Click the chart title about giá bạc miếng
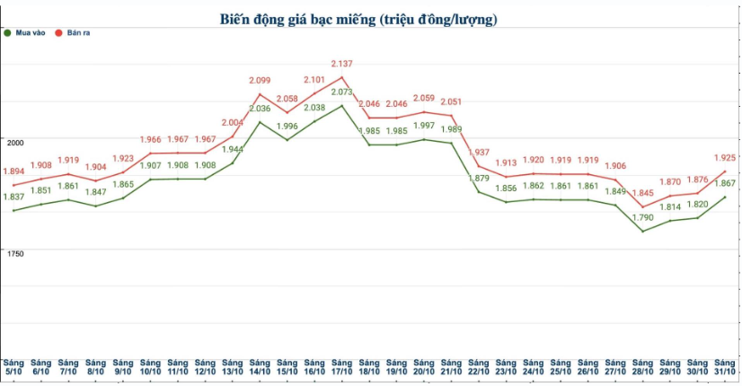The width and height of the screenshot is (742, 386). [358, 18]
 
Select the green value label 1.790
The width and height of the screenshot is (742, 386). [640, 217]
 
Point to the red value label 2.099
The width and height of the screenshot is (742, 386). [260, 81]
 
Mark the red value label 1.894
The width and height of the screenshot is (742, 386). [13, 171]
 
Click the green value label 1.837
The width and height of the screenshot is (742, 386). [13, 197]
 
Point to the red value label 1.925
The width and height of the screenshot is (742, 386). [724, 157]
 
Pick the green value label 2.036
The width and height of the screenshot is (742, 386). [260, 109]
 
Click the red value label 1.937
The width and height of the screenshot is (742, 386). [479, 153]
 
